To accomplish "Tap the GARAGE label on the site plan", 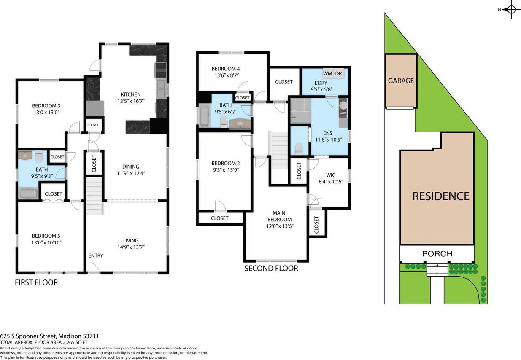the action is coord(401,81).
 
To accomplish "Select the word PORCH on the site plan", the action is coord(437,253).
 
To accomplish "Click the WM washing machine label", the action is coord(327,73).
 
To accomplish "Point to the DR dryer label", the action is coord(338,73).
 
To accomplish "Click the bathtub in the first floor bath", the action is coord(28,193).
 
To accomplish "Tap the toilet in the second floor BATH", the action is coord(224,121).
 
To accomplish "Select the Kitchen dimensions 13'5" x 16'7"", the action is coord(131,101).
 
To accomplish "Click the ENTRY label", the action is coord(96,255).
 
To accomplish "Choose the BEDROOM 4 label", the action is coord(226,69).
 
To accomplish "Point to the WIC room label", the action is coord(330,175).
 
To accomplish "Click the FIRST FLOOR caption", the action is coord(36,282).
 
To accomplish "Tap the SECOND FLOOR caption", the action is coord(271,268).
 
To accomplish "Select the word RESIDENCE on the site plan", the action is coord(441,196).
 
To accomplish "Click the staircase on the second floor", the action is coord(278,150).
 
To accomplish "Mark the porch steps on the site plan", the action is coord(437,270).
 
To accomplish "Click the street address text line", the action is coord(49,336).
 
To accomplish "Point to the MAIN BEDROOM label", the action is coord(279,216).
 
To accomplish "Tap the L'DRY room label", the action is coord(321,83).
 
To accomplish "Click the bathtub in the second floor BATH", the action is coord(204,115).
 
